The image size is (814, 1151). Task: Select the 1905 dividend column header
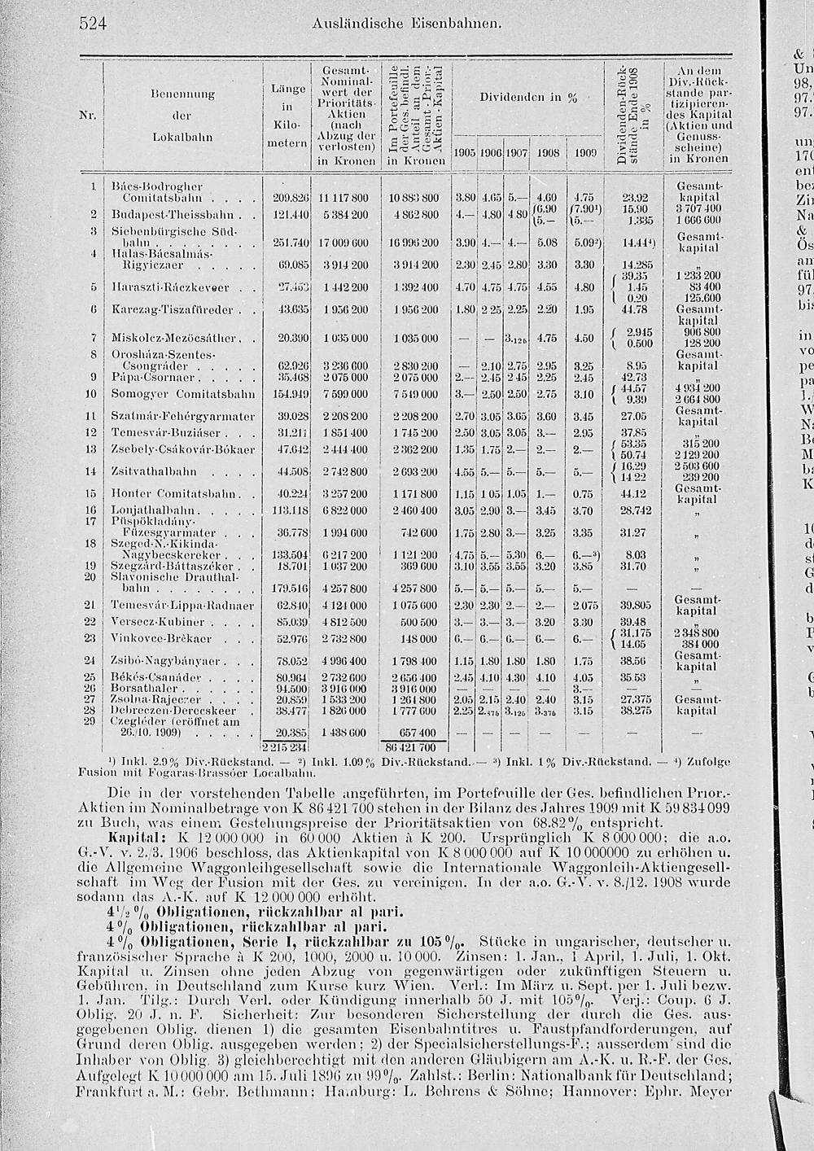click(x=465, y=152)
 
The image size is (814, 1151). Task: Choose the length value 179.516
click(x=286, y=587)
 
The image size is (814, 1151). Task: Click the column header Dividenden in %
click(x=529, y=98)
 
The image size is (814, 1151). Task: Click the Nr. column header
click(x=91, y=115)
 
